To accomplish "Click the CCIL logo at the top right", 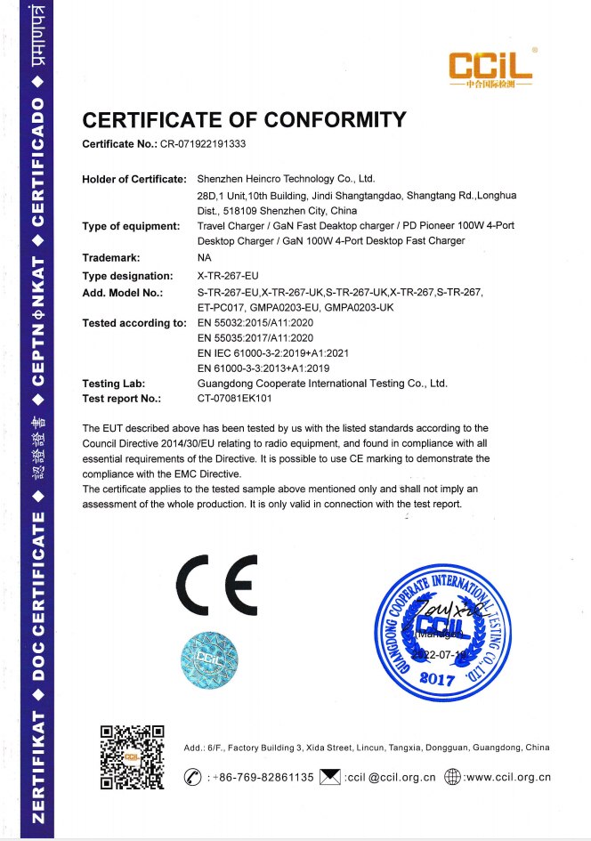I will [x=490, y=68].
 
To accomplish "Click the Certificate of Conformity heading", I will [x=244, y=120].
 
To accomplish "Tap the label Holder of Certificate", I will [x=134, y=179].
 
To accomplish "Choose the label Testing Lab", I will [x=114, y=384].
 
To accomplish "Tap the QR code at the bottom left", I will [x=131, y=757].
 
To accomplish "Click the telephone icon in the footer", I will [x=192, y=777].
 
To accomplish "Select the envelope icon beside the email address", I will [x=330, y=777].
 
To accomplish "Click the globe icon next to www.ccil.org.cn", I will [x=453, y=777].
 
